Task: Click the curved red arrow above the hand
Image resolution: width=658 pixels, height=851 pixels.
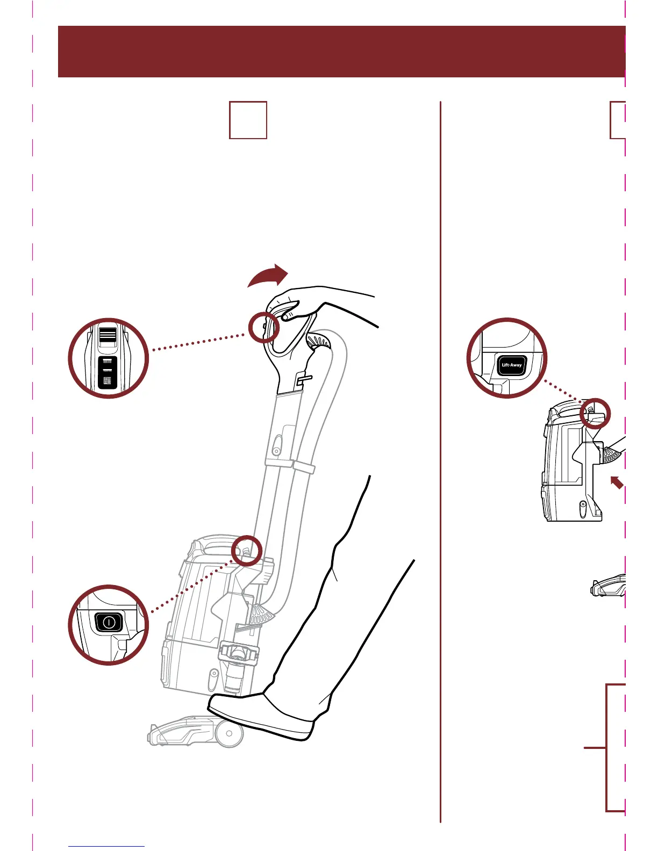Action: coord(269,276)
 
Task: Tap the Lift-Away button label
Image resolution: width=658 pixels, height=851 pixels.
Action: coord(511,365)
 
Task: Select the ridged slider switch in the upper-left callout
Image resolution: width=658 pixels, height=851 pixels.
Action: coord(108,335)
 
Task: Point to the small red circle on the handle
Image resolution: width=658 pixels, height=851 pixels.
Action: coord(264,327)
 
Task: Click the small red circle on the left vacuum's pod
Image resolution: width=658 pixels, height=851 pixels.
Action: coord(247,551)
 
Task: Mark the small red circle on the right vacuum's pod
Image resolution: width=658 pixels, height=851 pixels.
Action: coord(596,413)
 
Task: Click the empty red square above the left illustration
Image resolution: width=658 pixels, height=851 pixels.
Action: coord(248,120)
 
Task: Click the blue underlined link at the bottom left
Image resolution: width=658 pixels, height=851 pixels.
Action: coord(106,846)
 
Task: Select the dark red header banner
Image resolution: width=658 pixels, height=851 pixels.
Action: coord(341,52)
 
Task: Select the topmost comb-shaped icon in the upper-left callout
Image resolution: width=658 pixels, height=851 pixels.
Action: coord(108,361)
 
